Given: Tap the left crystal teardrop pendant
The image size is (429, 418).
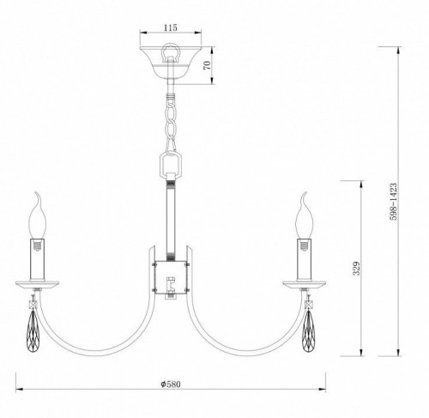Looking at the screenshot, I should (35, 330).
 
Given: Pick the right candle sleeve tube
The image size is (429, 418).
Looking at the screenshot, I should (305, 257).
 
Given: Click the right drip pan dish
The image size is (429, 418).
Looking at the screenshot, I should (305, 284).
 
